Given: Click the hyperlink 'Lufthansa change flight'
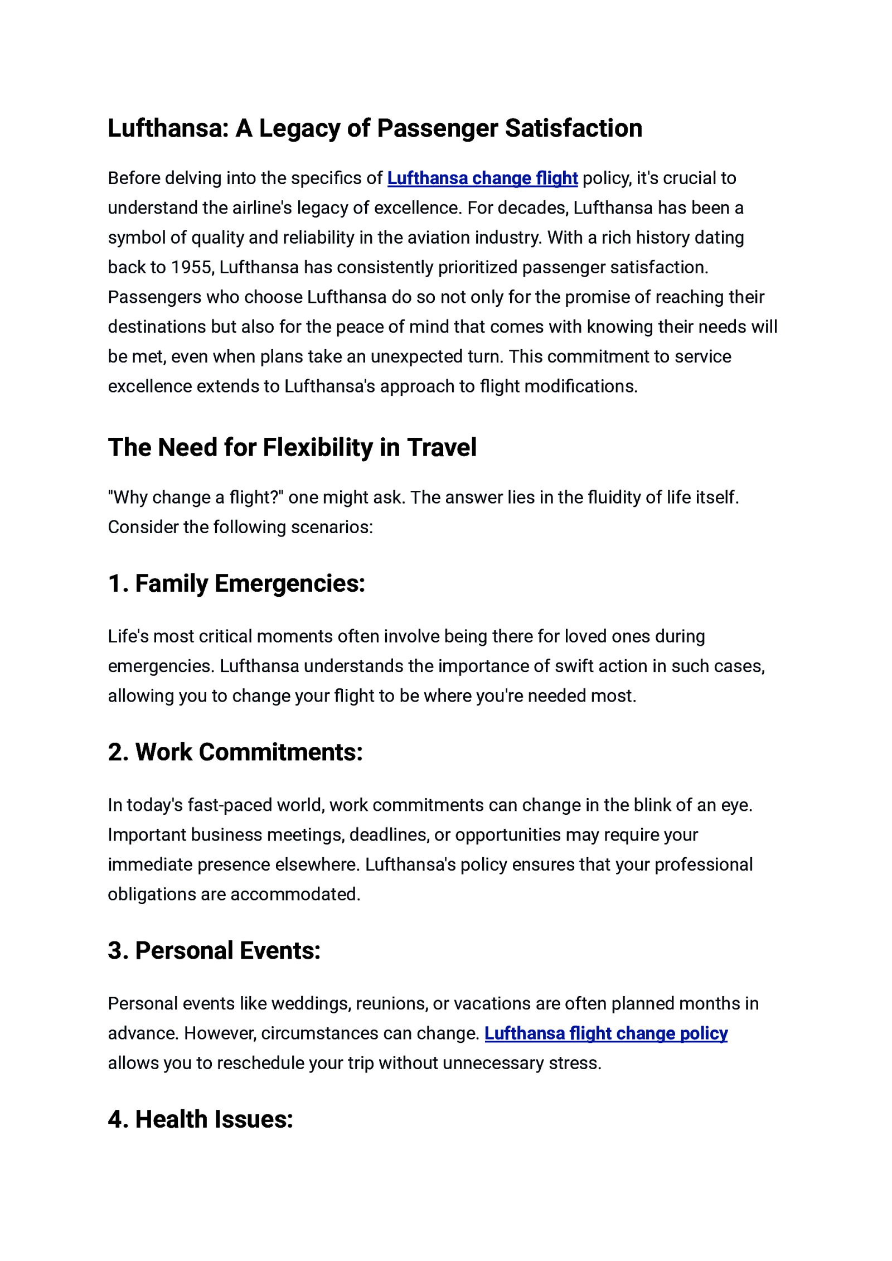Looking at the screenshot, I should point(482,178).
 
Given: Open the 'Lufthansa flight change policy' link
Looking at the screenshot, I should point(606,1033).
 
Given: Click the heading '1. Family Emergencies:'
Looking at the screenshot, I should point(236,583).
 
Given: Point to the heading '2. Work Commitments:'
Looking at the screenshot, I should point(235,752).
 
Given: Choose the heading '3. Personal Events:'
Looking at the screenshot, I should point(214,951).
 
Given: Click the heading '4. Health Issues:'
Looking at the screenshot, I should point(201,1119).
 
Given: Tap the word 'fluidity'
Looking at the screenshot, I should point(613,497).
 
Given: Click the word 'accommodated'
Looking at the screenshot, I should point(295,894).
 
